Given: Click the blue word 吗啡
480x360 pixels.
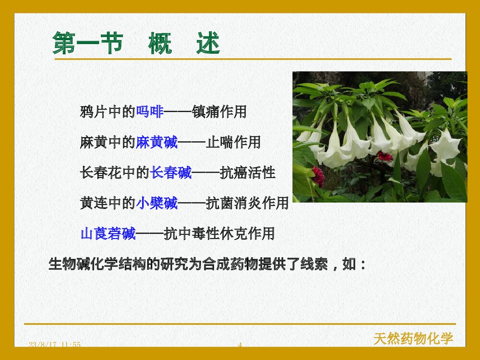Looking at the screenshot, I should (150, 112).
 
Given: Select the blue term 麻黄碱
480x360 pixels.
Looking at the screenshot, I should (156, 142).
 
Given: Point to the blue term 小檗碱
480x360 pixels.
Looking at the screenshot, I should (156, 203).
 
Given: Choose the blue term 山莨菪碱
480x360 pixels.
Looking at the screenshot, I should (108, 234).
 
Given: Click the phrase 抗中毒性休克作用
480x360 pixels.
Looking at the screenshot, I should (219, 234).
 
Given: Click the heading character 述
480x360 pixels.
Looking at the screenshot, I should (208, 44).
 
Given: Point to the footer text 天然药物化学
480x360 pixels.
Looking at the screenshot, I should (413, 338).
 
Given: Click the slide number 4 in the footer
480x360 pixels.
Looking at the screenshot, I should (240, 345).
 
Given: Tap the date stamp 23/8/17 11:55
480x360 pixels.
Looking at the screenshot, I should (54, 345).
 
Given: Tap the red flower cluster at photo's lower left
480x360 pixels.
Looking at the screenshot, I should (318, 176).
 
